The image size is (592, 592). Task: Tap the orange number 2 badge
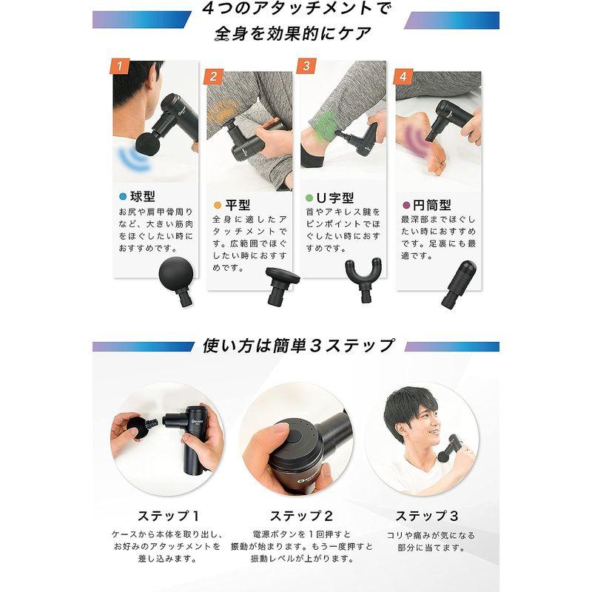pos(213,76)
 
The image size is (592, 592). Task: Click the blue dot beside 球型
pos(123,197)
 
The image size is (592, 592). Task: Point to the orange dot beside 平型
pos(217,205)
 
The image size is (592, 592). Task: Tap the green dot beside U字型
pos(310,198)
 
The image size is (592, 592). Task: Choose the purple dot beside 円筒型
pos(405,206)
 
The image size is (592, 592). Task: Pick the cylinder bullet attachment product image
pos(460,282)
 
